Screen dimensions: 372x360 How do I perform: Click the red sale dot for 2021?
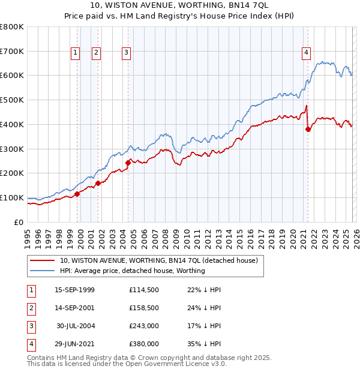click(308, 128)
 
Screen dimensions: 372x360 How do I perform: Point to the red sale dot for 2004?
click(128, 162)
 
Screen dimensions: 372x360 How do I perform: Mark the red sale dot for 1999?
click(77, 193)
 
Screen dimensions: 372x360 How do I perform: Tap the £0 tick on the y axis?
click(19, 222)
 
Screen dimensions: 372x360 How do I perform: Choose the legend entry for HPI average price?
click(132, 271)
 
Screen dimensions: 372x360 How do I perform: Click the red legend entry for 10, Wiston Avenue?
click(158, 260)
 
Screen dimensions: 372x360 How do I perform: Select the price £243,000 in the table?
click(143, 326)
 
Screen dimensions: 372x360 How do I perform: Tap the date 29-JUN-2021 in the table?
click(74, 344)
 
